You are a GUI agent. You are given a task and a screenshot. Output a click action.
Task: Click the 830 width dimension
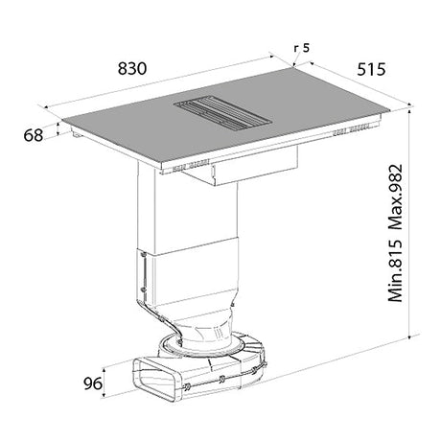[x=132, y=68]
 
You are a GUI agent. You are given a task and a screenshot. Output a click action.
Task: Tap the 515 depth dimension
[x=371, y=69]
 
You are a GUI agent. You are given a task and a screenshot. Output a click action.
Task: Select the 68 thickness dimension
[x=34, y=135]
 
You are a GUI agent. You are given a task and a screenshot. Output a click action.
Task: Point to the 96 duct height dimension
[x=93, y=383]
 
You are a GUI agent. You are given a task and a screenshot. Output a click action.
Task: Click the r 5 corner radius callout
[x=302, y=48]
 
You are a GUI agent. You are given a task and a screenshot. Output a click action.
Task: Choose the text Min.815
[x=396, y=270]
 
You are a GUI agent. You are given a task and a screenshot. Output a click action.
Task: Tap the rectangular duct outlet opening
[x=156, y=379]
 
